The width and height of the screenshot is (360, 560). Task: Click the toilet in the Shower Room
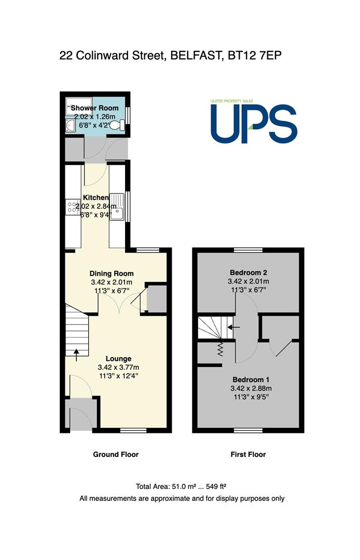[x=118, y=125]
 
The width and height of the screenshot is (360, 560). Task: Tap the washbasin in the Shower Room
[x=70, y=125]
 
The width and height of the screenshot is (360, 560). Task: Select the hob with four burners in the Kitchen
[x=73, y=207]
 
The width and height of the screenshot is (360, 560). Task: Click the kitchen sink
[x=117, y=207]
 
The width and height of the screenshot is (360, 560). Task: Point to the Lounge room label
[x=119, y=359]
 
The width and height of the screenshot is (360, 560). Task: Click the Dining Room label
[x=112, y=274]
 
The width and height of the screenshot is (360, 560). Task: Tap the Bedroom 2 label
[x=248, y=273]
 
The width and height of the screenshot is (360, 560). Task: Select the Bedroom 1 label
[x=251, y=380]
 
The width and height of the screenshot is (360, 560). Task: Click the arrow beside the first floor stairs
[x=234, y=327]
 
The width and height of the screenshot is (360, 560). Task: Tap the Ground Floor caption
[x=116, y=454]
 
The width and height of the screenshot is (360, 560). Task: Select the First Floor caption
[x=248, y=454]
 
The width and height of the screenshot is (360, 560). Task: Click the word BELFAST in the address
[x=195, y=55]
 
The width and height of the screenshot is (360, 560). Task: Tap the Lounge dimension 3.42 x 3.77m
[x=119, y=367]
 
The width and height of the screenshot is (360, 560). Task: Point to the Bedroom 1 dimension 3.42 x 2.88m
[x=251, y=388]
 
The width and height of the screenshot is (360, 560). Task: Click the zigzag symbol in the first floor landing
[x=220, y=349]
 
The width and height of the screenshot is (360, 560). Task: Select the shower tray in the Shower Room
[x=79, y=106]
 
